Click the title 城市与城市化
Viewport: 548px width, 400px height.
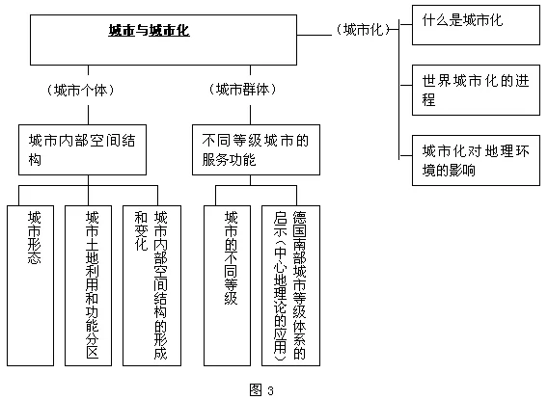[x=149, y=31]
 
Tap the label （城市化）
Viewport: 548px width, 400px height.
[x=363, y=30]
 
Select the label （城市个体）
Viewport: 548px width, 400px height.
[x=81, y=91]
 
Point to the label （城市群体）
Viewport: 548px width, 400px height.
[x=242, y=90]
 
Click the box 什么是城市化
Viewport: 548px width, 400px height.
[x=476, y=25]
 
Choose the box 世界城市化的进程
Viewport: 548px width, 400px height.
[x=476, y=90]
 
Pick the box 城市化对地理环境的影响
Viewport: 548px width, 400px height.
[x=476, y=160]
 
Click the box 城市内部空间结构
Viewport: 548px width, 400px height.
[x=82, y=149]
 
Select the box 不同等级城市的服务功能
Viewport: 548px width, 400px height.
[x=256, y=149]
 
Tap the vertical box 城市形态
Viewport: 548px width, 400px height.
[x=31, y=285]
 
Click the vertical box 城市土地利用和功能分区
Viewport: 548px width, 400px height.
[x=89, y=285]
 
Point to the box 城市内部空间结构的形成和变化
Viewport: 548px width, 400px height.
[x=152, y=285]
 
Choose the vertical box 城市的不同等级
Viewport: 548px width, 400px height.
[x=227, y=285]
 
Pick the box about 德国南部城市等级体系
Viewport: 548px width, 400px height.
[x=290, y=285]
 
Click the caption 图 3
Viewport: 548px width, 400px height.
[x=261, y=389]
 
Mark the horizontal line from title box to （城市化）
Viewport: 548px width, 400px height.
[x=315, y=35]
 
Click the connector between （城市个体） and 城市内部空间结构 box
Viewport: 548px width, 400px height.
[x=88, y=116]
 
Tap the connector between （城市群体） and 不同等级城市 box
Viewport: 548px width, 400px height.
[x=250, y=116]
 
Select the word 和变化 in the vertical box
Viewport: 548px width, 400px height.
[x=141, y=231]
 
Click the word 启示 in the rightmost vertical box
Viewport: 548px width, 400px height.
[x=281, y=224]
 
